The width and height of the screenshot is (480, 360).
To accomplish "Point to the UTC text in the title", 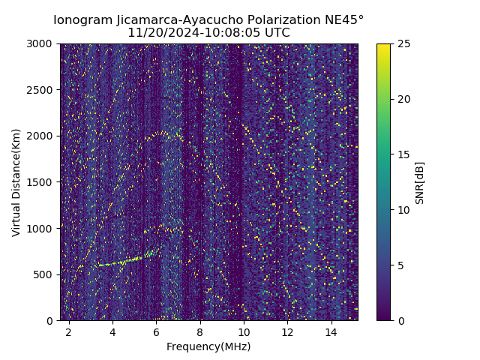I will coord(276,33).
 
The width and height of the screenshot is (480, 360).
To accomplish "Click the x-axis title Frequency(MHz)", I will coord(208,346).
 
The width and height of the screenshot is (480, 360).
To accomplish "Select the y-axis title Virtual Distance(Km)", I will coord(16,182).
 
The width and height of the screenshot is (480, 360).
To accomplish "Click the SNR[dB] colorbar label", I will coord(420,182).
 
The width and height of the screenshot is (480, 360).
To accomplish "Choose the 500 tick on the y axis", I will coord(45,274).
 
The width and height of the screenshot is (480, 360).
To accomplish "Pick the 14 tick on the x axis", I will coord(331,331).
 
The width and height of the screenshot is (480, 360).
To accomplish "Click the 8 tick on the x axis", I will coord(200,331).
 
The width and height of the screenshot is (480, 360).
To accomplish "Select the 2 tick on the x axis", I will coord(69,331).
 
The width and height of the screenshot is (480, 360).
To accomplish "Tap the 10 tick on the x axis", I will coord(244,331).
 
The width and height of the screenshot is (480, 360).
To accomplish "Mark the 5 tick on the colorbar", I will coord(399,265).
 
